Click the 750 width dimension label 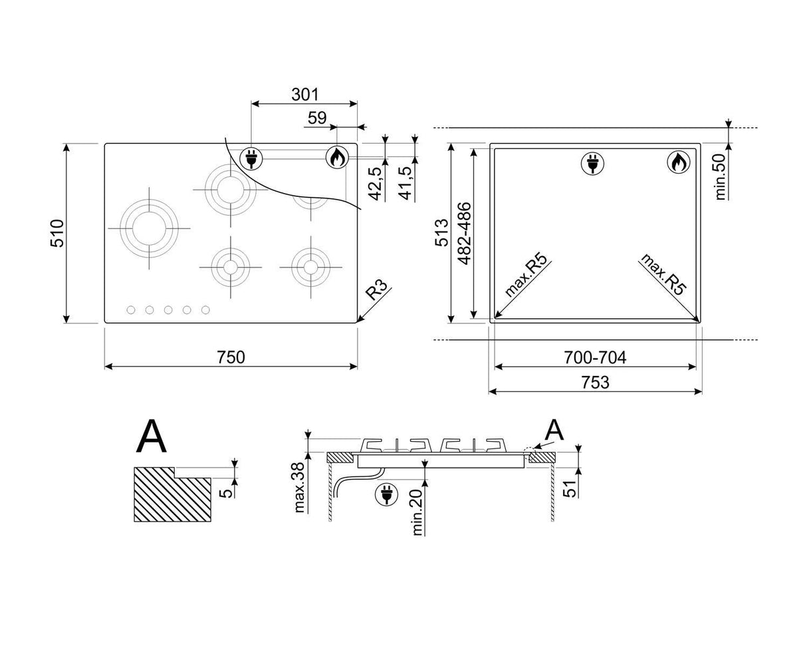[231, 357]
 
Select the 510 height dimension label [57, 233]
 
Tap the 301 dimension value [305, 94]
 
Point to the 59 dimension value [317, 118]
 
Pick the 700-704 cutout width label [595, 357]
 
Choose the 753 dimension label [595, 382]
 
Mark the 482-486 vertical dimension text [464, 233]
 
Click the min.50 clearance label [720, 177]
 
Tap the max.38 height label [299, 487]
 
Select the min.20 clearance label [417, 512]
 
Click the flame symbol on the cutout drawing [679, 163]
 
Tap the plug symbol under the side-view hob [387, 493]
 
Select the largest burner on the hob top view [150, 228]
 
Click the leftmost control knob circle [131, 309]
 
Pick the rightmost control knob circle [205, 309]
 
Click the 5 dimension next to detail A [225, 492]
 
